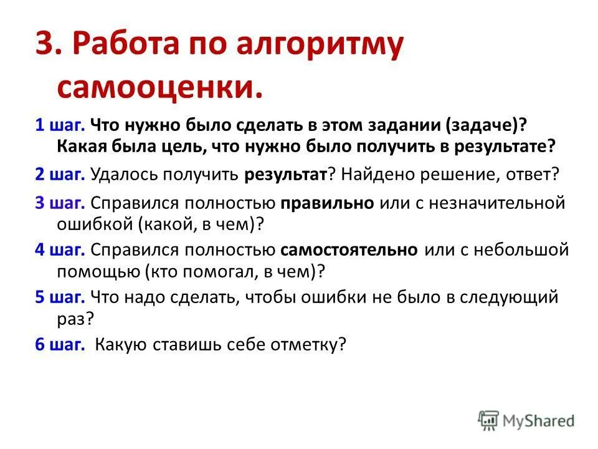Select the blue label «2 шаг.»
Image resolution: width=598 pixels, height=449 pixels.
pos(60,174)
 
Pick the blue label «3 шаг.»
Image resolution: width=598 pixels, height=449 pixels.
pos(60,203)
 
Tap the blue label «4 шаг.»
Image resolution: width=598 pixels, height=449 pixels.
pos(60,250)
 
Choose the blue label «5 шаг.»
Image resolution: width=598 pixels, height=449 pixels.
pos(60,297)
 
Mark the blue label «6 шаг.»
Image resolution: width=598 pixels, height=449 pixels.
pos(60,344)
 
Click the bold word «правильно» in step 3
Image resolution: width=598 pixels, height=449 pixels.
pos(327,203)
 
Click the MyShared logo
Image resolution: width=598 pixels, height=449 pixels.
pos(527,421)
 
